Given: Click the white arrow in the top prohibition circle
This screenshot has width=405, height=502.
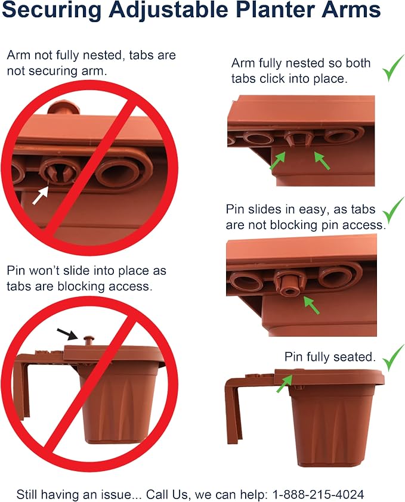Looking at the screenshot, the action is [41, 195].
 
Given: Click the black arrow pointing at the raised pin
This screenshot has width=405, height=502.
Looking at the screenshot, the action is [67, 334].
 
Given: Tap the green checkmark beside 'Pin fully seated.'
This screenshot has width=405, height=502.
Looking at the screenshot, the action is [394, 358].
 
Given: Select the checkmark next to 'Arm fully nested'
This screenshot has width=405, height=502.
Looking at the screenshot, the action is [394, 68].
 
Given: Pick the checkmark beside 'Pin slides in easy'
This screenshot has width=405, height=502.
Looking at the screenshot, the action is [394, 210].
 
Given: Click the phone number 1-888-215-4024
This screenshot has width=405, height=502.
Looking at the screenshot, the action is [318, 494].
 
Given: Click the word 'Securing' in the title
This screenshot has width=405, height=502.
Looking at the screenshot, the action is [51, 10].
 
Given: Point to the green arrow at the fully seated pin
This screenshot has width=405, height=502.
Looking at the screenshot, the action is [284, 383].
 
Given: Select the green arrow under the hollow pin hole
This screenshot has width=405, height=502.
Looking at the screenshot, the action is [311, 305].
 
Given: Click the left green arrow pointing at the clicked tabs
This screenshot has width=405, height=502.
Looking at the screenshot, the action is [277, 161].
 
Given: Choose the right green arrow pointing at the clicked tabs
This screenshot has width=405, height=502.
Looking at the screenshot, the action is [322, 161].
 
